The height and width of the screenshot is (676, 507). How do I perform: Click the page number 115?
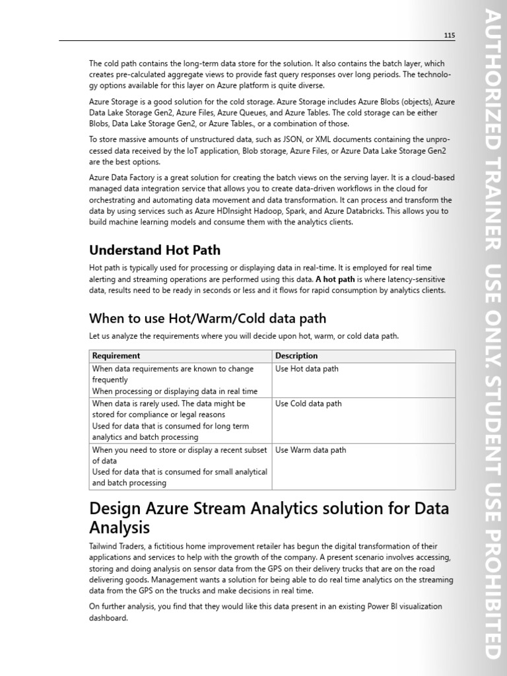click(449, 35)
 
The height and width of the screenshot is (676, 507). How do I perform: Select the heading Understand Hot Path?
click(154, 250)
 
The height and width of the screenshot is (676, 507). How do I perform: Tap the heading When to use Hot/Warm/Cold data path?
click(207, 318)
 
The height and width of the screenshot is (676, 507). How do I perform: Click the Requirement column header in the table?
click(116, 356)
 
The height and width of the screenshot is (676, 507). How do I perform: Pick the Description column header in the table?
click(296, 356)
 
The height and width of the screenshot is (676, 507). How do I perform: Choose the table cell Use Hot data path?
click(306, 369)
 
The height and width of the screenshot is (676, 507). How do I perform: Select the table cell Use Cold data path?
click(308, 403)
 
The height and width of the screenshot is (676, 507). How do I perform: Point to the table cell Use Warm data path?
click(310, 450)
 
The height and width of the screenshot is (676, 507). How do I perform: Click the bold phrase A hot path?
click(335, 279)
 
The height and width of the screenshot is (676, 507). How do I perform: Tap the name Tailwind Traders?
click(118, 547)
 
